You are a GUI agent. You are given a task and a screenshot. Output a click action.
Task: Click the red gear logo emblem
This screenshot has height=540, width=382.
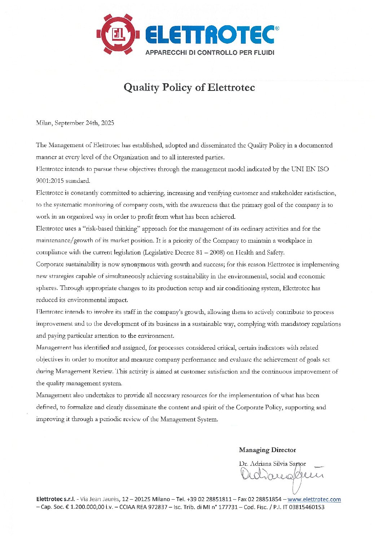click(118, 34)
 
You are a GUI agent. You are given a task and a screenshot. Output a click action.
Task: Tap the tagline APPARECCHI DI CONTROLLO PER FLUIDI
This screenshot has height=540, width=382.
click(210, 53)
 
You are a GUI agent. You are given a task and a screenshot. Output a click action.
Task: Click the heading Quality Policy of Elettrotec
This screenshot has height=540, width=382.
click(189, 88)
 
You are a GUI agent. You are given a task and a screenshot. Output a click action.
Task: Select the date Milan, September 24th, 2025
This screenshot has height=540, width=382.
click(75, 123)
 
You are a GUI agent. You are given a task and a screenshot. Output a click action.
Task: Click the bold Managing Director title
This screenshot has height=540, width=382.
click(267, 450)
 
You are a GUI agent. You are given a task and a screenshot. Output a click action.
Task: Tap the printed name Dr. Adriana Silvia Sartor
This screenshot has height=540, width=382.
click(272, 464)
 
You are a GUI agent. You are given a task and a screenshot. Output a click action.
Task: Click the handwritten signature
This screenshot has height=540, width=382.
click(281, 476)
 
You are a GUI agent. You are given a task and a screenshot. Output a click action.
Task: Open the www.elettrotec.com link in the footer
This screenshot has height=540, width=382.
click(314, 499)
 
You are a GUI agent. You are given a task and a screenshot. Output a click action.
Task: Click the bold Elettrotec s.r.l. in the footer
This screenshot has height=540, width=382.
click(56, 499)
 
